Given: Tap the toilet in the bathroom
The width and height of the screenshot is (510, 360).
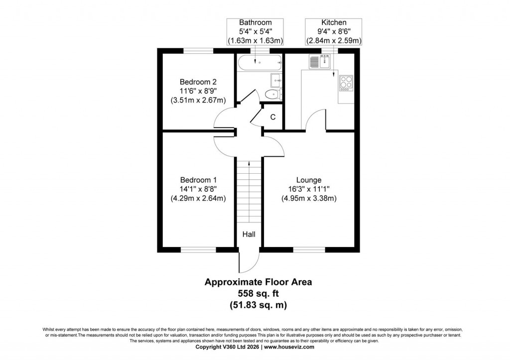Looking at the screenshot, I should click(271, 95).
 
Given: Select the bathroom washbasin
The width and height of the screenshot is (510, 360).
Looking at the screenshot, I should click(276, 80).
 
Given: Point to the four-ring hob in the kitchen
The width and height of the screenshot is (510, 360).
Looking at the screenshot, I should click(346, 83).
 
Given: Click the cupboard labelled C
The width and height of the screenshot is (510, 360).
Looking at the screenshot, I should click(272, 118).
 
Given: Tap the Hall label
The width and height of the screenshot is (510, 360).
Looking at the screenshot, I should click(249, 234).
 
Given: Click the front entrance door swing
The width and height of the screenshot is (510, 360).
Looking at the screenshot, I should click(249, 261).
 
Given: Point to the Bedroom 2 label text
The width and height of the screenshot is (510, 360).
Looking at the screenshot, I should click(198, 82).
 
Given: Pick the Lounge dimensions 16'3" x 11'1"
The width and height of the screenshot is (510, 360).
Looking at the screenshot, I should click(309, 189).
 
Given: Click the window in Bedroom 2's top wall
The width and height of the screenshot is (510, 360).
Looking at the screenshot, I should click(198, 50).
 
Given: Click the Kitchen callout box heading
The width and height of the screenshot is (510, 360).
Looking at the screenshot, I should click(333, 23).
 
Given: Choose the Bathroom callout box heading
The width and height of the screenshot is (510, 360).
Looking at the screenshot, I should click(255, 23).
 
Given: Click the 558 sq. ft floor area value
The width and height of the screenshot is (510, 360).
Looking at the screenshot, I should click(258, 293).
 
